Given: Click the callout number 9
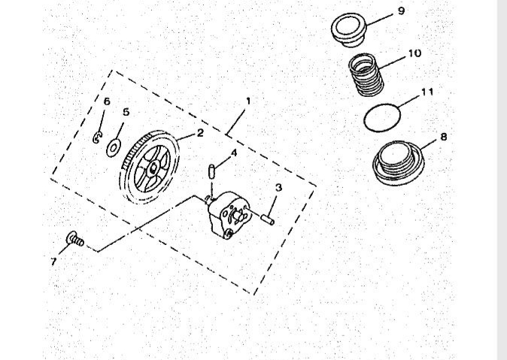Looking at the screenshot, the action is [x=401, y=11].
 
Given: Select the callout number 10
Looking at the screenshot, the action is [x=414, y=53].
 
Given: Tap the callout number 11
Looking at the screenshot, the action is [x=427, y=92].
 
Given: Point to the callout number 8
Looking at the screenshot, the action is [x=444, y=137].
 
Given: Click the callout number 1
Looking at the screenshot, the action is [x=248, y=101].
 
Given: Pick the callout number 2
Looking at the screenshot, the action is [x=200, y=132].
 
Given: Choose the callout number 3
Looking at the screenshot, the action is [x=278, y=187].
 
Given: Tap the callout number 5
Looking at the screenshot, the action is [x=126, y=112].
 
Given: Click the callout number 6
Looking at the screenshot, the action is [x=107, y=101].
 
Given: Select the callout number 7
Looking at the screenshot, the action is [x=53, y=261].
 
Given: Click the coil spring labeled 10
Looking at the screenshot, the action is [x=366, y=75].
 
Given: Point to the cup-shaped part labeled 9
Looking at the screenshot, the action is [x=349, y=30].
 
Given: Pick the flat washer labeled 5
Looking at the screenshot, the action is [x=113, y=148].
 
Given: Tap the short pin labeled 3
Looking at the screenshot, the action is [x=268, y=219].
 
